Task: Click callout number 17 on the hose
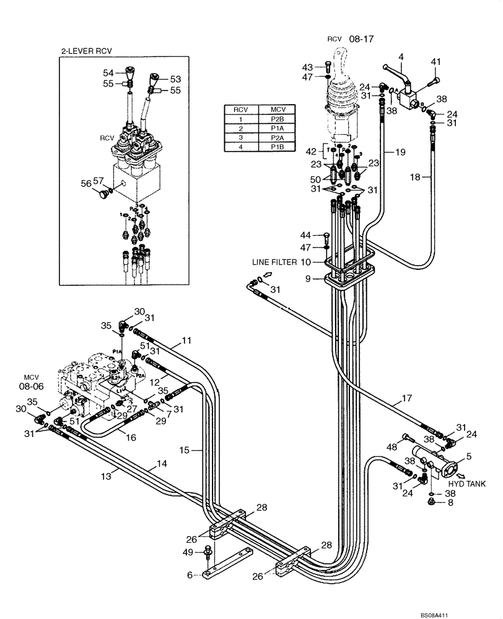406,400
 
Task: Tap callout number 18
417,178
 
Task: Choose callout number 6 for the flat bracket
190,575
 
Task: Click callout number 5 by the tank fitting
468,457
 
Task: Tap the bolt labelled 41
434,80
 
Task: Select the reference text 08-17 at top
362,38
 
